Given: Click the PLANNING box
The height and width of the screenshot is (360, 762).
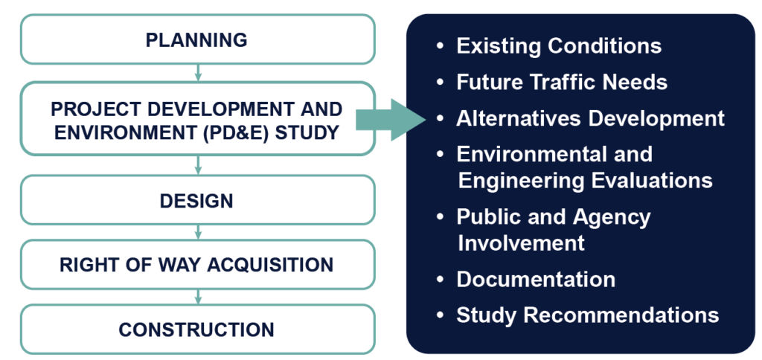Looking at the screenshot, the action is click(197, 39).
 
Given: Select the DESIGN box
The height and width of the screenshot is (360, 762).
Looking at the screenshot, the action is click(197, 200).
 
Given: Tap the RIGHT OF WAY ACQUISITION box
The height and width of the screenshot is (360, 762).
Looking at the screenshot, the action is click(197, 265).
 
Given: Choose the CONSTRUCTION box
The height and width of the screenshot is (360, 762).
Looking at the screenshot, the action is click(197, 330).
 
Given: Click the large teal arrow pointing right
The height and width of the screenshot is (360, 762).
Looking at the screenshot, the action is click(391, 120).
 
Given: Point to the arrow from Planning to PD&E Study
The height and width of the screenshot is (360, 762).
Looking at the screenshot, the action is click(197, 73).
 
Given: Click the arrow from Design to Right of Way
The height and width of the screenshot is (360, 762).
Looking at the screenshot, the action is click(197, 232).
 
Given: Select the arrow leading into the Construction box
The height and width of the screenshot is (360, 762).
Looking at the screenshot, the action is click(197, 297).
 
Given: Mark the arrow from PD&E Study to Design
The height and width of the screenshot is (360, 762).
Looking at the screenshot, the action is click(197, 165).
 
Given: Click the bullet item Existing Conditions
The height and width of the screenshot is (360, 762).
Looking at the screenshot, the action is click(559, 46).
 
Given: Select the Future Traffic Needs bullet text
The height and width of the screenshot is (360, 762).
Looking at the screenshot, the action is click(562, 82).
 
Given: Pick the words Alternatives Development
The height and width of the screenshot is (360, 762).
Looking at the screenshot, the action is click(590, 118).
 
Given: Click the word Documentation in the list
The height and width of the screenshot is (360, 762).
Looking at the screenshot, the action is click(536, 280).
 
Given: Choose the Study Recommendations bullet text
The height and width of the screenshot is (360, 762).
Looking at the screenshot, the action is click(588, 315).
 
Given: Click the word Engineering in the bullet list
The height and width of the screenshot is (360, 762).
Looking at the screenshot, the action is click(522, 181).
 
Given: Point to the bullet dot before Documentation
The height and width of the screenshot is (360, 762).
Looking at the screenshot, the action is click(441, 279).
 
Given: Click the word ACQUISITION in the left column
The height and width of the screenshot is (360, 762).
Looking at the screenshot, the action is click(270, 265).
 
